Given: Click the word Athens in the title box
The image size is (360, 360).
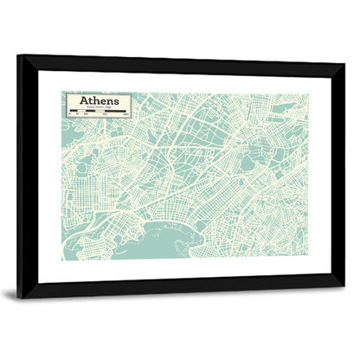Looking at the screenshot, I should pos(99,100).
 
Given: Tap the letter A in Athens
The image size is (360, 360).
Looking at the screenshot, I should pos(85,100).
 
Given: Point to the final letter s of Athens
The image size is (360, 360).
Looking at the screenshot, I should pos(116,101).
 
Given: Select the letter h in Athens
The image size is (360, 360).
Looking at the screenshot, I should pos(97,100).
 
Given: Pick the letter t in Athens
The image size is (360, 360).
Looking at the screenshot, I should pos(91,100).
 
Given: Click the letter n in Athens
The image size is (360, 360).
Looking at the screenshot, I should pos(110,101).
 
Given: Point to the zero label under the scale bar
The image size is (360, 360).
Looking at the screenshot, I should pos(69,115).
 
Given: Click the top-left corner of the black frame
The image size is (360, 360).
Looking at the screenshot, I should pos(18,55).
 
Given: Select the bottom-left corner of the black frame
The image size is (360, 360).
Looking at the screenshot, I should pos(18,297).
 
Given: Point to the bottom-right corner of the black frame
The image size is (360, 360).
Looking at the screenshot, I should pos(344,286).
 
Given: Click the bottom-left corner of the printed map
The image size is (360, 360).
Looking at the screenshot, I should pos(62,260).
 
